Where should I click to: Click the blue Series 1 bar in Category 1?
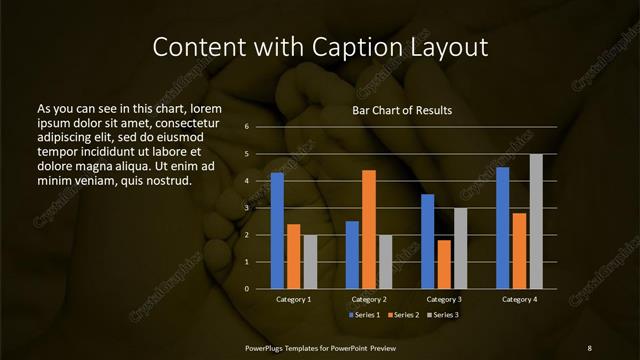(277, 231)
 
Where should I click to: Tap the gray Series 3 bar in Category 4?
(536, 221)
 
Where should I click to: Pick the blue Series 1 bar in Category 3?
(428, 241)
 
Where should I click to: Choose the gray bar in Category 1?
(310, 262)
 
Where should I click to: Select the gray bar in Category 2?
(385, 262)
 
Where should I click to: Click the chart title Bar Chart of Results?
(401, 110)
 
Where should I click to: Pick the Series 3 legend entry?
(442, 315)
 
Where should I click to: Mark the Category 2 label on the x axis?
(369, 299)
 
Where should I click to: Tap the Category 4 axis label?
(519, 299)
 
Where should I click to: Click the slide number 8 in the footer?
(589, 347)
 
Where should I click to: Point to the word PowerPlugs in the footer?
(267, 347)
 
